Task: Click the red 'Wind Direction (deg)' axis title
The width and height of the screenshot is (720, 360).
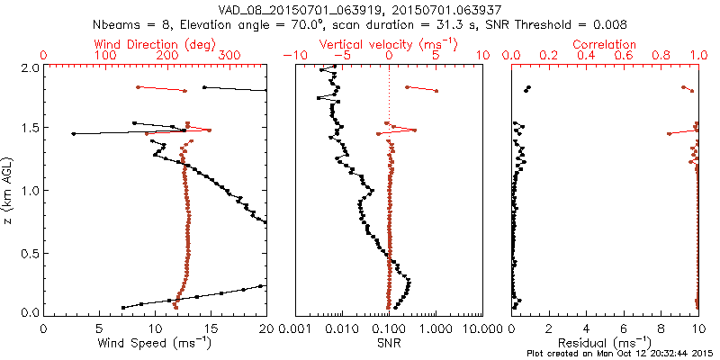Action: [155, 44]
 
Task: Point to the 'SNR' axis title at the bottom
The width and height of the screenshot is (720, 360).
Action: [389, 343]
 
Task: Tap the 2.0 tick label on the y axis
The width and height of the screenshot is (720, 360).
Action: [29, 67]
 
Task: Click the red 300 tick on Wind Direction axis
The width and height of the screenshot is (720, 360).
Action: [229, 56]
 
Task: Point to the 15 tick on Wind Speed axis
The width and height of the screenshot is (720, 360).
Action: [211, 328]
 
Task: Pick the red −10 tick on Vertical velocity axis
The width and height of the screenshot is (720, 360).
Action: [292, 56]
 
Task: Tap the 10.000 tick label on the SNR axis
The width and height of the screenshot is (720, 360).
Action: [481, 328]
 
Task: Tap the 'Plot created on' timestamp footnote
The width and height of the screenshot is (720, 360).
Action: [622, 353]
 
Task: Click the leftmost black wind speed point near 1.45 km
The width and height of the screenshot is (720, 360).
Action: [74, 134]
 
